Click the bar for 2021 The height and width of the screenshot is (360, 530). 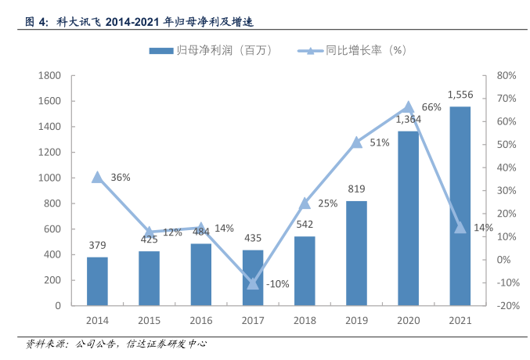pyautogui.click(x=460, y=206)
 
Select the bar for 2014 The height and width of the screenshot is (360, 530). pyautogui.click(x=97, y=281)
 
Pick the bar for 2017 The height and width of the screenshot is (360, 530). pyautogui.click(x=253, y=277)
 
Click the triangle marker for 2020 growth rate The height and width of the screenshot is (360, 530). pyautogui.click(x=408, y=107)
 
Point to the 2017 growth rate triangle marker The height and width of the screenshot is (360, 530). pyautogui.click(x=253, y=283)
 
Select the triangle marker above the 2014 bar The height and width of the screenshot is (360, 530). pyautogui.click(x=97, y=177)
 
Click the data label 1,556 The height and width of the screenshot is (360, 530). pyautogui.click(x=460, y=95)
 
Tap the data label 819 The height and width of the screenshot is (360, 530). pyautogui.click(x=356, y=189)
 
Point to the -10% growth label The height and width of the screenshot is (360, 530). pyautogui.click(x=279, y=283)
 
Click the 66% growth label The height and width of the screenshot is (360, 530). pyautogui.click(x=431, y=107)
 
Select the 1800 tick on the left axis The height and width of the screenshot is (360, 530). pyautogui.click(x=50, y=76)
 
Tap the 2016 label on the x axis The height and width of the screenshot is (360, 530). pyautogui.click(x=201, y=321)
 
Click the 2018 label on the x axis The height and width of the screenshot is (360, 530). pyautogui.click(x=305, y=321)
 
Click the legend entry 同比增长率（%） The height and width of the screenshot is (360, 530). pyautogui.click(x=352, y=50)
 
